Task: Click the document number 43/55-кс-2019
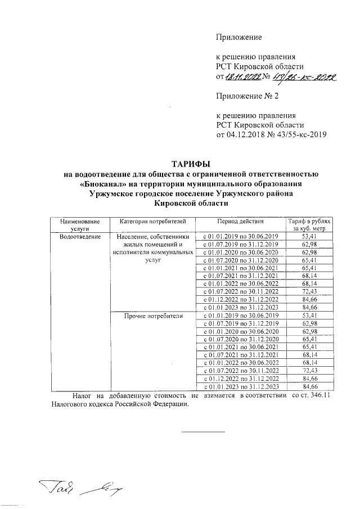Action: (298, 134)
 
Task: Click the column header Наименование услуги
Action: (79, 225)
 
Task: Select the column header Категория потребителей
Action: (148, 222)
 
